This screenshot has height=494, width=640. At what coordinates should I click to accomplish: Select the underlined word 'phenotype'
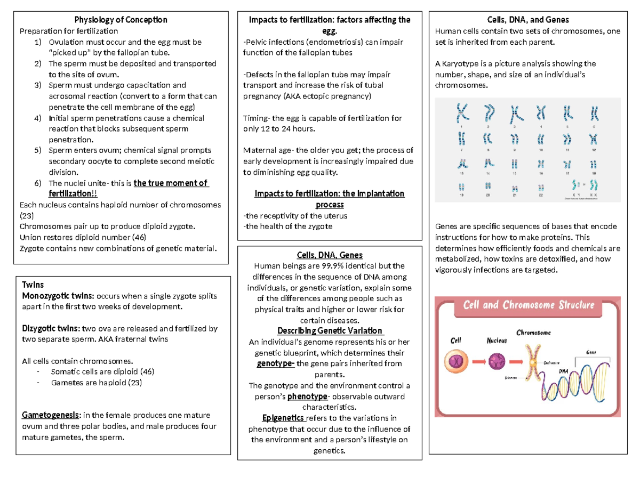(306, 397)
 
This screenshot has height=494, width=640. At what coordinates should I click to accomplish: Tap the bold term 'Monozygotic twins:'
(58, 296)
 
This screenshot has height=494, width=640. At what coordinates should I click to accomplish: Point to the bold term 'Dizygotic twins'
(51, 329)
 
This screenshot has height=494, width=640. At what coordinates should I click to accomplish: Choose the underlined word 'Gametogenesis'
(51, 415)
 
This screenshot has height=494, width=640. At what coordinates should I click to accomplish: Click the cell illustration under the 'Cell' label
(457, 361)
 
